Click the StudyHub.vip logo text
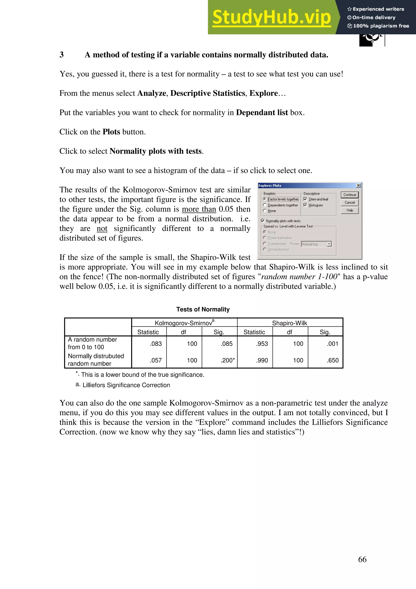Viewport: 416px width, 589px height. [271, 17]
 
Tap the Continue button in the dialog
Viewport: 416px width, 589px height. [350, 195]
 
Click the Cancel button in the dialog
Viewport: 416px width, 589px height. [350, 202]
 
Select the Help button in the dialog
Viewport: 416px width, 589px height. [350, 210]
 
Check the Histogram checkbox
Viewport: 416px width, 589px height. [305, 205]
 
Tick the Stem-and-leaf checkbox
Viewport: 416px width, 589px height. [305, 199]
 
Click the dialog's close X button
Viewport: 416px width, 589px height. [358, 186]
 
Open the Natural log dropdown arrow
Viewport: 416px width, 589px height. [329, 244]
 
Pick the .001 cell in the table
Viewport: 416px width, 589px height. [333, 344]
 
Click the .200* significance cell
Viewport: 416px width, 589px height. [227, 360]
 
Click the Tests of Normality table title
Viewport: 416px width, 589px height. [203, 309]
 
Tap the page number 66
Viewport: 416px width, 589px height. [362, 559]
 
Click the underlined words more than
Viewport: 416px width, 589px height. [199, 209]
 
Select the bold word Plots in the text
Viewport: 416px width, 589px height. [111, 132]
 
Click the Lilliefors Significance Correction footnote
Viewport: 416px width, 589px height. [126, 385]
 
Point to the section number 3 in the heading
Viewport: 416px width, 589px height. [62, 55]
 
